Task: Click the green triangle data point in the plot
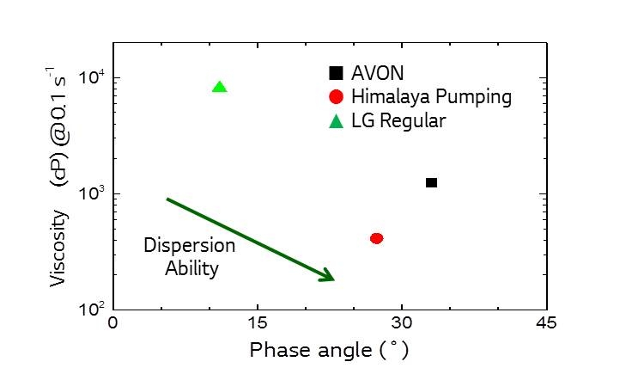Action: [x=219, y=87]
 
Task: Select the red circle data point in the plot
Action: [x=376, y=238]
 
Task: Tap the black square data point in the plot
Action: [x=431, y=182]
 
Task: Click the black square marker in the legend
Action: [x=337, y=74]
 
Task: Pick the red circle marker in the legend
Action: [x=337, y=97]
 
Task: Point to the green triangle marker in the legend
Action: [x=337, y=120]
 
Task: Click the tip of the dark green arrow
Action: [x=332, y=279]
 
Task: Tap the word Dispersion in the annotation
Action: [x=189, y=246]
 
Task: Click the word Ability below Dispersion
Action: [x=193, y=268]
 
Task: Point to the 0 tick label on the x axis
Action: [x=112, y=324]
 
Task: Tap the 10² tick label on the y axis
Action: [x=92, y=309]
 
